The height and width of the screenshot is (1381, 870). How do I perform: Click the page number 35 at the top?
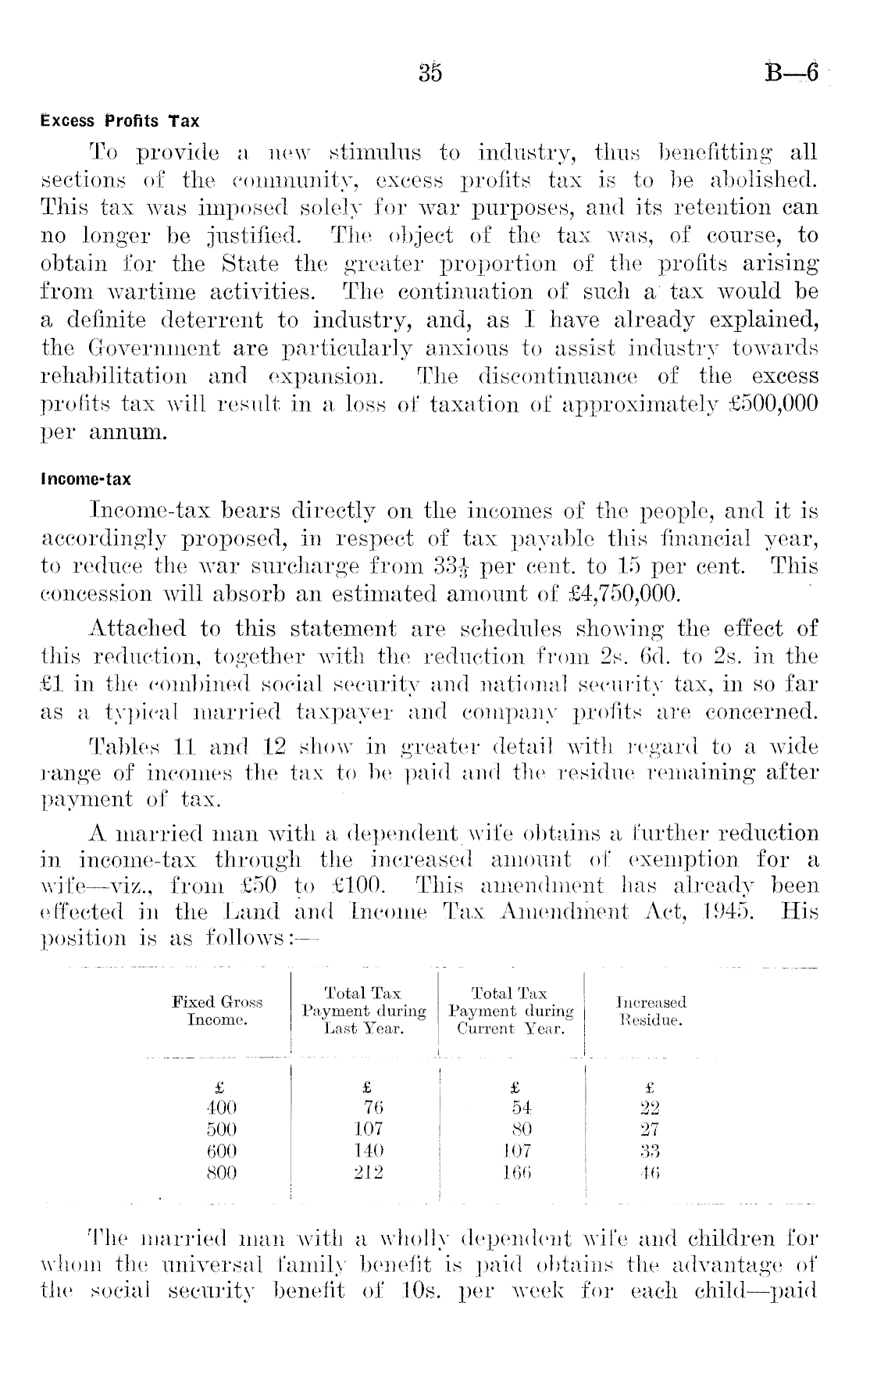pos(430,73)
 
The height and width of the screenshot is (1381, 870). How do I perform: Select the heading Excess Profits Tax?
pos(119,121)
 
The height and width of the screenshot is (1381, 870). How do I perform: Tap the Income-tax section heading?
pos(86,479)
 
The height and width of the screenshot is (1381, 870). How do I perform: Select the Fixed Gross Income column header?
pos(217,1011)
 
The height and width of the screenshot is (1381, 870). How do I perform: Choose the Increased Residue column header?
pos(651,1011)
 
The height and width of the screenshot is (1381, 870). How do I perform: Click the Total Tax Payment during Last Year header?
pos(364,1011)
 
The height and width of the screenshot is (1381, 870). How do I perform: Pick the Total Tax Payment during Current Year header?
pos(512,1011)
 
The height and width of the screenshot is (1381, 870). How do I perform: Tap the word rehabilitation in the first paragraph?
pos(113,376)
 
